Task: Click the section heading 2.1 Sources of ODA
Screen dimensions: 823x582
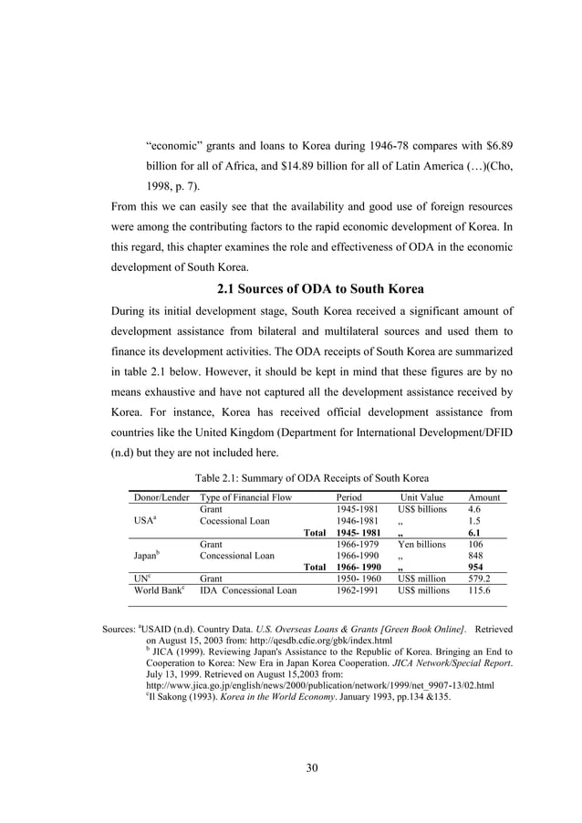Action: (x=319, y=290)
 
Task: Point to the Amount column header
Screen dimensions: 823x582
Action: (x=483, y=497)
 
